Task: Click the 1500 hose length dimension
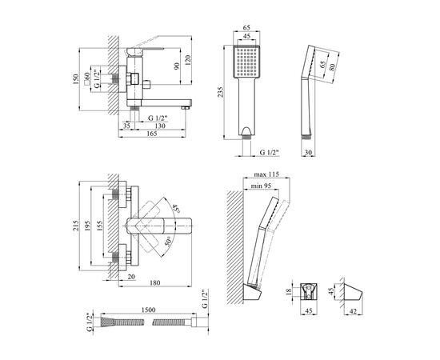point(149,310)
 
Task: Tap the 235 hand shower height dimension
point(221,92)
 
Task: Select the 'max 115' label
point(266,174)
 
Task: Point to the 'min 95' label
point(261,186)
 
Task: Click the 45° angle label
point(175,208)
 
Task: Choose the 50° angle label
point(168,242)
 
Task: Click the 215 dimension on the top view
point(76,226)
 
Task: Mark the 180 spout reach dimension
point(155,282)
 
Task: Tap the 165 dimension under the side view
point(152,134)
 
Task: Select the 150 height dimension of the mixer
point(75,79)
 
